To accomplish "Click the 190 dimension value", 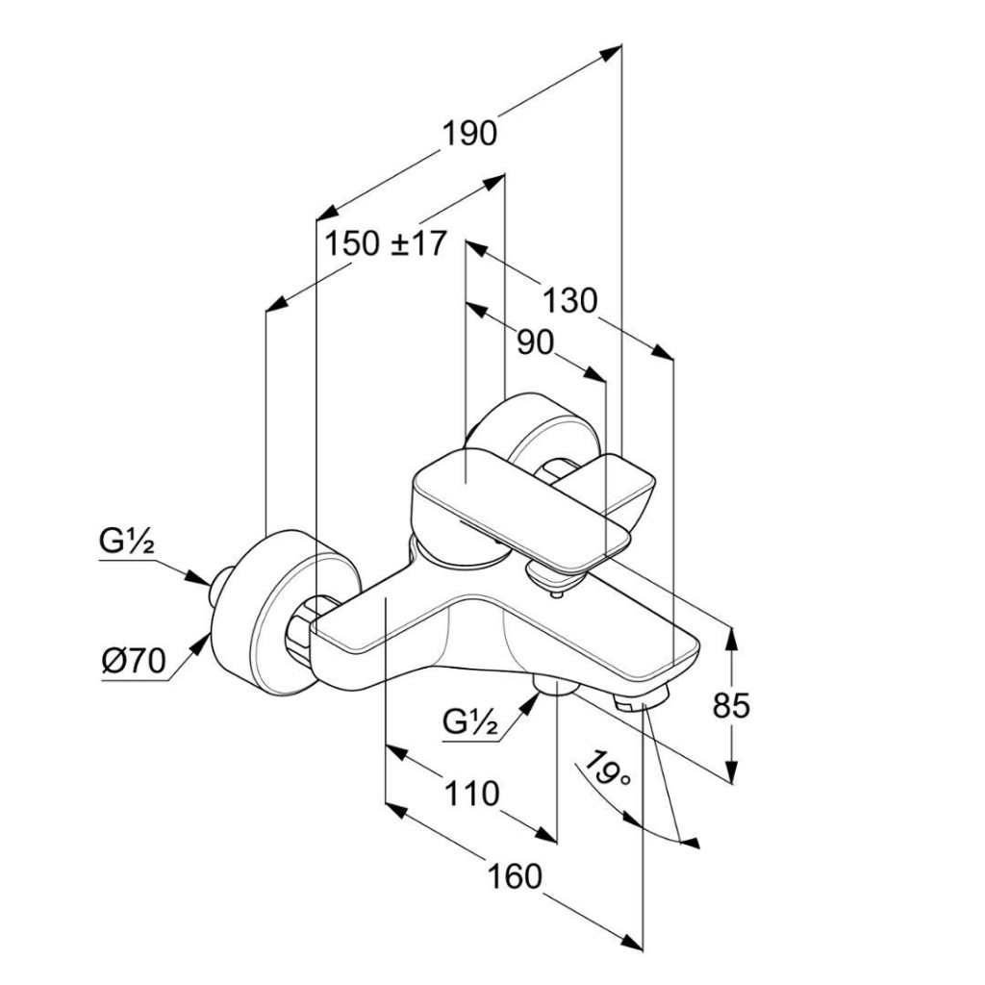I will coord(469,133).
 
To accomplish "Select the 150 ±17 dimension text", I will coord(385,243).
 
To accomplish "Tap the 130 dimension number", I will coord(569,301).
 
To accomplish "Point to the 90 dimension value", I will coord(536,342).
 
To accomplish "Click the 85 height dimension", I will coord(731,706).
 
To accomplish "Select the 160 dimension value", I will coord(514,876).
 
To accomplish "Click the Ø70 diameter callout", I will coord(134,661).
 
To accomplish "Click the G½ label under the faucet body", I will coord(471,720).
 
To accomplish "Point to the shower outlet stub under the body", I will coord(552,685).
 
